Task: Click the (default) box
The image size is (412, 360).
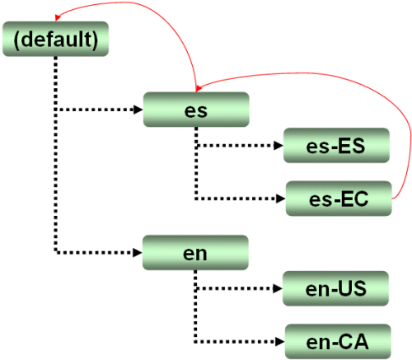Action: click(x=55, y=39)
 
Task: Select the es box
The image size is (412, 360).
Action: click(x=196, y=110)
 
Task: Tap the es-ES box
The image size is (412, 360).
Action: click(x=336, y=145)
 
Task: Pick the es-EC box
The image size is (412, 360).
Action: click(x=339, y=199)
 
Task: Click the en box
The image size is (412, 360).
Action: click(x=195, y=252)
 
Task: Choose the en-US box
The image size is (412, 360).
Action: click(x=335, y=288)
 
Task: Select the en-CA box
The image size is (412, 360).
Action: click(x=338, y=341)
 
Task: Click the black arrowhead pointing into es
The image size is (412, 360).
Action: click(x=138, y=110)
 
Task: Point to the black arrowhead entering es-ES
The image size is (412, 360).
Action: click(x=279, y=146)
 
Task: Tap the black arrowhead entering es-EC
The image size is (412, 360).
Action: click(x=281, y=199)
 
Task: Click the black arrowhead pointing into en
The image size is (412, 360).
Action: click(x=138, y=253)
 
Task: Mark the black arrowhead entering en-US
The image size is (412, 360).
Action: click(x=278, y=288)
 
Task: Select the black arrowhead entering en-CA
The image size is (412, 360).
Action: click(x=280, y=342)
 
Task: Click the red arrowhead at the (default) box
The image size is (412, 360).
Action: click(x=57, y=17)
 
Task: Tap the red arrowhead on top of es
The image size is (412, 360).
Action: click(x=199, y=88)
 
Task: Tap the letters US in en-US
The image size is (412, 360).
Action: click(x=352, y=289)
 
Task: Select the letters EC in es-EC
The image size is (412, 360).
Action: click(x=354, y=199)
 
